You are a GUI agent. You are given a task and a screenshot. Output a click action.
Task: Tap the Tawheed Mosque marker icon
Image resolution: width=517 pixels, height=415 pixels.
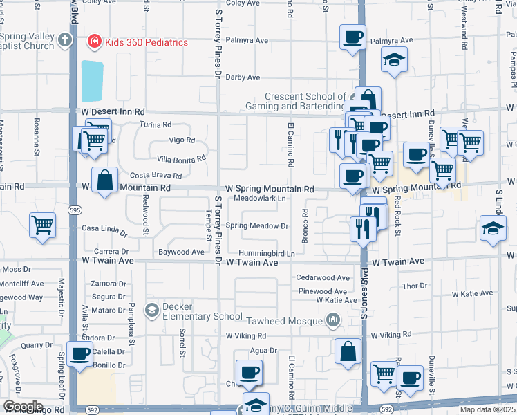point(334,320)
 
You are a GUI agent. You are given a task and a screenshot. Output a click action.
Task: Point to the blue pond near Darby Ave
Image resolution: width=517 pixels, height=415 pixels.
point(92,81)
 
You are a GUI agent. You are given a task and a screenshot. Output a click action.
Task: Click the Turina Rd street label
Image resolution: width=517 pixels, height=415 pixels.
point(155,125)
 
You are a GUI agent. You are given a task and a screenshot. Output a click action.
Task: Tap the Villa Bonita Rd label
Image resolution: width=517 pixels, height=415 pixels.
point(181,158)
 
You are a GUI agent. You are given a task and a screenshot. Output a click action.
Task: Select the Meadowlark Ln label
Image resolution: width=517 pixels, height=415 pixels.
point(259,199)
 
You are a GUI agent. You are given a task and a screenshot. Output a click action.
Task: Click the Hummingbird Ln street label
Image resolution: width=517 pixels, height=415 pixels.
point(267,254)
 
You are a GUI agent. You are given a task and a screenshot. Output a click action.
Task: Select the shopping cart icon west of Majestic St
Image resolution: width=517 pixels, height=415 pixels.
point(43,224)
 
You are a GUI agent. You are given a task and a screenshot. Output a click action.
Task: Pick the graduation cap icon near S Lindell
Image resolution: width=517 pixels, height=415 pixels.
point(492,228)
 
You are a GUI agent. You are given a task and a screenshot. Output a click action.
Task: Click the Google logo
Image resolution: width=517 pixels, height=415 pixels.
point(23,407)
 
